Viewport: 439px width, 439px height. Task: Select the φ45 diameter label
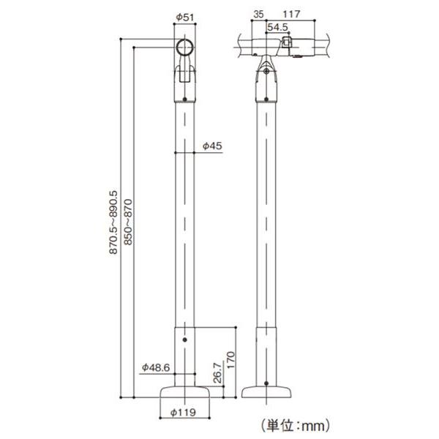click(x=211, y=146)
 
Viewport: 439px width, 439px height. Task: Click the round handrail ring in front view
click(x=185, y=49)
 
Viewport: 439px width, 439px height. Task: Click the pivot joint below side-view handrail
click(x=267, y=70)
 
